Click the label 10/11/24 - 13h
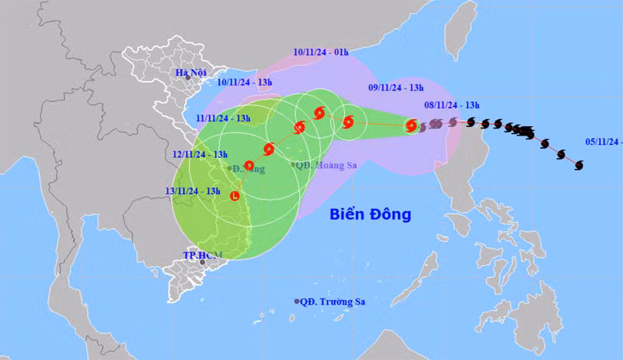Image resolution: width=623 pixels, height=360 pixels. coord(245,81)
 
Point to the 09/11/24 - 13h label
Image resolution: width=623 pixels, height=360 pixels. coord(396,88)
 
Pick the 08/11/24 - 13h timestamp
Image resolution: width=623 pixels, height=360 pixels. coord(451,105)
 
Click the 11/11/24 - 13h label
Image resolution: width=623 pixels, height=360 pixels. coord(224,118)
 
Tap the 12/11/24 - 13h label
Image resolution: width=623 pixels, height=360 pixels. coord(201,154)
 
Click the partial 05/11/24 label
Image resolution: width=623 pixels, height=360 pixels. coord(604,142)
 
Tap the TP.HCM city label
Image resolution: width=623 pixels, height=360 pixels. coord(202,255)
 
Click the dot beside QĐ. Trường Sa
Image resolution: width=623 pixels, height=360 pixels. coord(297,302)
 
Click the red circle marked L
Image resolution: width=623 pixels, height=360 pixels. coord(234,196)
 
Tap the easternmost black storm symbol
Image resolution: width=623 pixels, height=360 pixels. coord(579,164)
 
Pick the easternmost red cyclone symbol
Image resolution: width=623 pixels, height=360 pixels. coord(410,125)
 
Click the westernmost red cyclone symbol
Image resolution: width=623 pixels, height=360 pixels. coord(249,165)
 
